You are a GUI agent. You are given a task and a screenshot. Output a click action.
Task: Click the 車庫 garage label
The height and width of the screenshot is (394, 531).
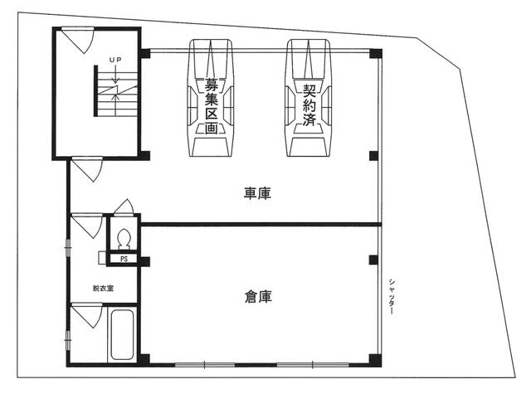pos(257,193)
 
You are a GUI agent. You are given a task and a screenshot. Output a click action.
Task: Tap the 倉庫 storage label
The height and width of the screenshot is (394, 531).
pos(258,296)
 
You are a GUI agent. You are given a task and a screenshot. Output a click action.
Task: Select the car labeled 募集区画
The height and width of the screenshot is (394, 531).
pos(211,98)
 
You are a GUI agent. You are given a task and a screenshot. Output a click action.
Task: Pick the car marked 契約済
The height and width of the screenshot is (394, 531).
pos(309,98)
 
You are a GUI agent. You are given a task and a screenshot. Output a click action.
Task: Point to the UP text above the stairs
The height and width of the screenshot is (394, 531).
pos(115,60)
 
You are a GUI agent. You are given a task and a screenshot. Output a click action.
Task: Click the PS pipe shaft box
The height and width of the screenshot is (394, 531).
pos(124,259)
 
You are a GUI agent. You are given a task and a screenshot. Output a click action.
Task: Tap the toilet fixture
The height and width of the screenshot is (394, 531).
pos(124,237)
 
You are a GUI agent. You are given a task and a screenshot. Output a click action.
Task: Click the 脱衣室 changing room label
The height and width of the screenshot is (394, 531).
pos(103,289)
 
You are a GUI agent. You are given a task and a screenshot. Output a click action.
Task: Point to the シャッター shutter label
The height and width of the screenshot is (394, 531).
pos(392,296)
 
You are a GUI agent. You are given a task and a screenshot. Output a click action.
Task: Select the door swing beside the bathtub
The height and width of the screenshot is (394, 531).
pos(86,315)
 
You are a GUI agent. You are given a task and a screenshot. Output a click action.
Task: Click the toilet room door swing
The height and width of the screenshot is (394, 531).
pos(124,207)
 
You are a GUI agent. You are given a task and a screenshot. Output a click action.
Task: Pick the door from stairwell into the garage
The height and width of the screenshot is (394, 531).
pos(87,169)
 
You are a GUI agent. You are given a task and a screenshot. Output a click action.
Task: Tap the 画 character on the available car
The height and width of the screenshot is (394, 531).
pos(211,128)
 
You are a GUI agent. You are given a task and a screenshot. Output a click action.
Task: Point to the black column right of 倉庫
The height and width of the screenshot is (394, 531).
pos(373,260)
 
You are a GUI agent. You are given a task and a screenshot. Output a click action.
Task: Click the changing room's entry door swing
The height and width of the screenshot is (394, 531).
pos(86,226)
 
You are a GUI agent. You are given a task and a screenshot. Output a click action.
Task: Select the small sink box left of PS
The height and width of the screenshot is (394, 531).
pos(102,258)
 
